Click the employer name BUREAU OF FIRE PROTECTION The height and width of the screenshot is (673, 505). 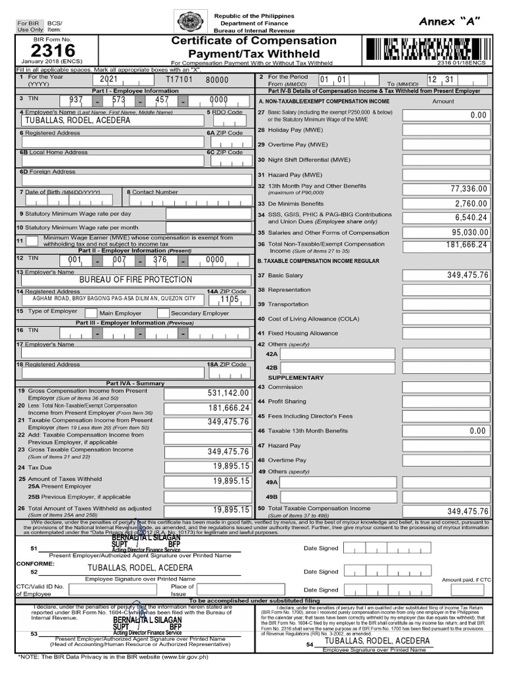(x=135, y=279)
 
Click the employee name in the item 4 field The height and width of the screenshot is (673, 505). (x=70, y=120)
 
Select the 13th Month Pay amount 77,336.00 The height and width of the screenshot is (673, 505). (x=469, y=189)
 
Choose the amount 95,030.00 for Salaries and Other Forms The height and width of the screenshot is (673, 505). (x=469, y=232)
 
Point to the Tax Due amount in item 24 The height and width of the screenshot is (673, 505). (x=231, y=466)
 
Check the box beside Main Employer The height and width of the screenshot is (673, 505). (x=93, y=313)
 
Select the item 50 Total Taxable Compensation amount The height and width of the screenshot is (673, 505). (x=468, y=511)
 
